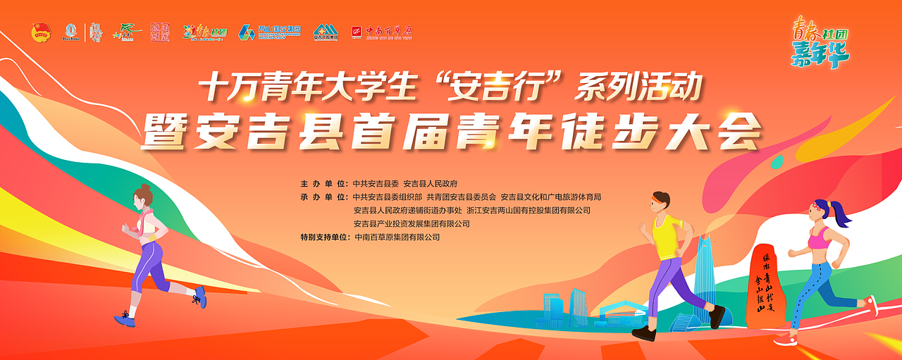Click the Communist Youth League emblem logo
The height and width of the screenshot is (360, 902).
[x=42, y=32]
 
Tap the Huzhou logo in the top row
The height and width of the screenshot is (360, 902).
[x=71, y=32]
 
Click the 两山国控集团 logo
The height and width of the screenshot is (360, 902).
[x=270, y=32]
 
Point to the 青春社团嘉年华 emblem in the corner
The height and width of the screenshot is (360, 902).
[x=820, y=42]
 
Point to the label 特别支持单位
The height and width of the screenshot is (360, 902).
[x=323, y=237]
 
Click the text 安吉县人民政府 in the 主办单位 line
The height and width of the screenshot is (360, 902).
[x=431, y=182]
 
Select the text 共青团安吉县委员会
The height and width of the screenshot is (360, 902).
[x=461, y=197]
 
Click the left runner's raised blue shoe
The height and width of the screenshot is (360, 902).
[x=201, y=297]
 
